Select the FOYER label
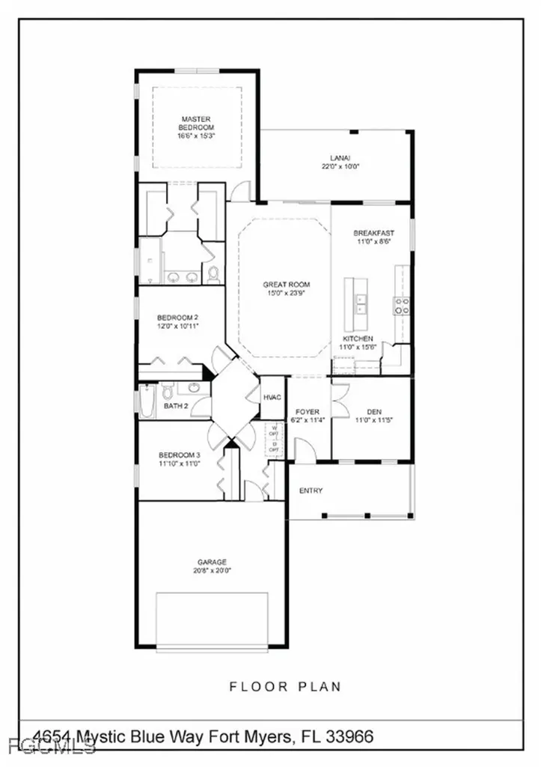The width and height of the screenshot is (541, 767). [307, 412]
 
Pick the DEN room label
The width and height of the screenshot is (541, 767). [375, 411]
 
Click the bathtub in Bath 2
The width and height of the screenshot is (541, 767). [147, 401]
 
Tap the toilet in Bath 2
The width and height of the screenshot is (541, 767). [168, 391]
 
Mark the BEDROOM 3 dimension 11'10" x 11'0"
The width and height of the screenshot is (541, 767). [180, 464]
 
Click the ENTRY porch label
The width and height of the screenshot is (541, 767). [311, 491]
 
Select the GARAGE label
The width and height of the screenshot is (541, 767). [212, 562]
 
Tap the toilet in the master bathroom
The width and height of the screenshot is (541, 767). [213, 274]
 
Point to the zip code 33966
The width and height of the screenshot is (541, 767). [350, 738]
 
